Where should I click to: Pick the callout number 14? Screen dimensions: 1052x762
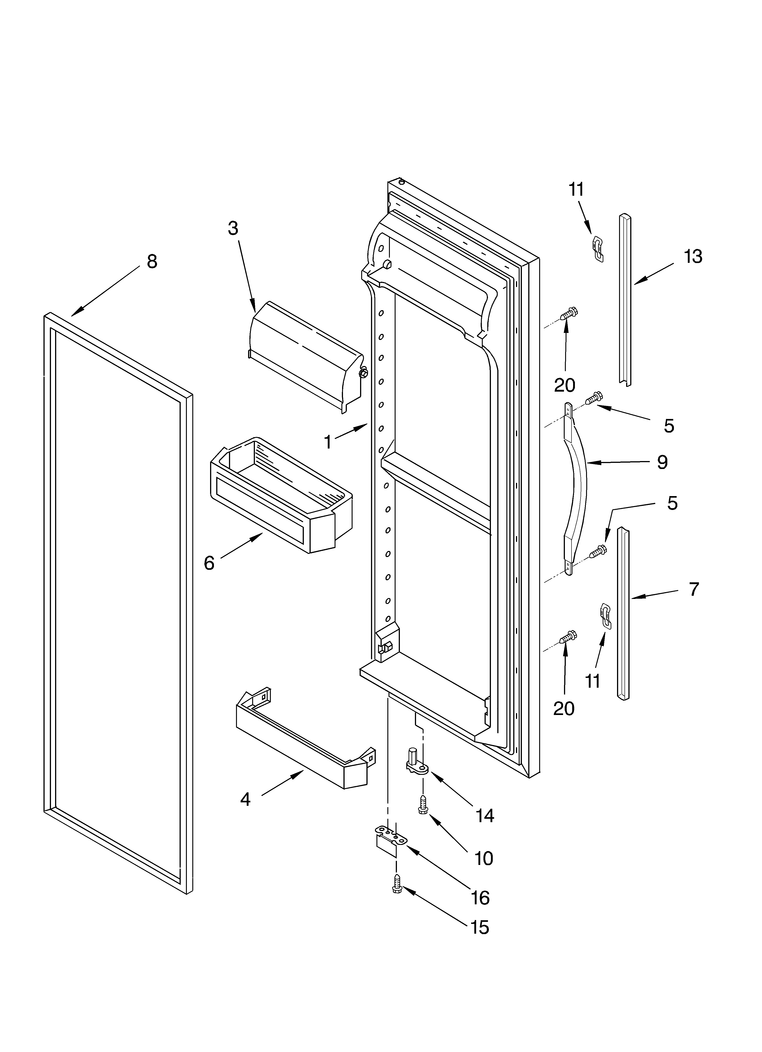point(485,815)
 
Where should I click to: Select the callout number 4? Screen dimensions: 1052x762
point(246,799)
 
